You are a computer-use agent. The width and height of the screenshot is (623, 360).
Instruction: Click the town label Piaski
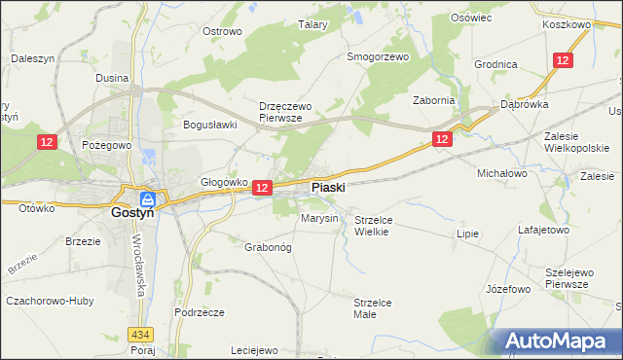327,186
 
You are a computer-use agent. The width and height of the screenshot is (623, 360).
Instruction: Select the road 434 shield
139,334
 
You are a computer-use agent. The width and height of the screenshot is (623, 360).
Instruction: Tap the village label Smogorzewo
378,56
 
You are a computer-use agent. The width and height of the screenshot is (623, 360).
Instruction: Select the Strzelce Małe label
372,308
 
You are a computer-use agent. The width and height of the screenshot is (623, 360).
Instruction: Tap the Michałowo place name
501,172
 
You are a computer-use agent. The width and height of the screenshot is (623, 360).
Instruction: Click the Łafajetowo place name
543,231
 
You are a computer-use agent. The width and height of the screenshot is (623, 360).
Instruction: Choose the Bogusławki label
211,125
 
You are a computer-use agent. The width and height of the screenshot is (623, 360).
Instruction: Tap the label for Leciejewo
255,350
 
